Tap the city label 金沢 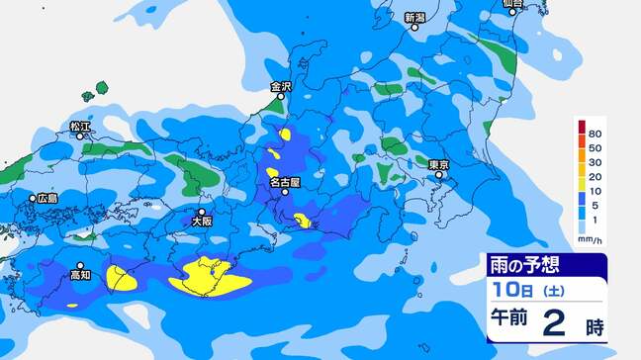[x=282, y=87]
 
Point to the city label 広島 [x=47, y=198]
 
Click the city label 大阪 [x=202, y=224]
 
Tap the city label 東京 [x=440, y=163]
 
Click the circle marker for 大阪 [x=202, y=212]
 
